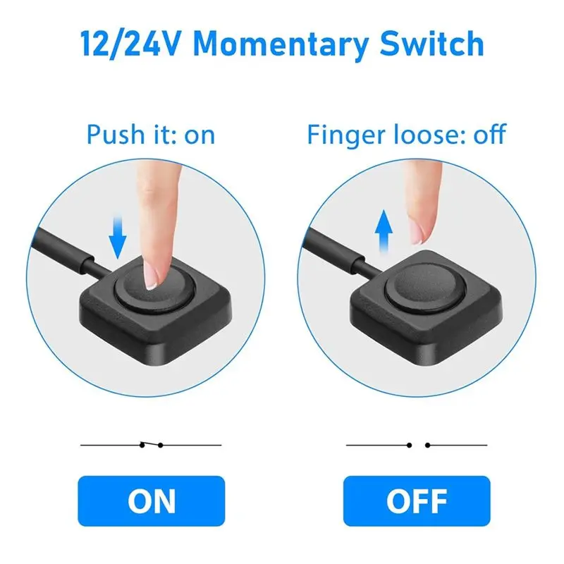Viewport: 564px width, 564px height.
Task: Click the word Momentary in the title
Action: pyautogui.click(x=281, y=45)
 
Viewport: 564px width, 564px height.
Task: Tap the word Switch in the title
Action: pyautogui.click(x=432, y=43)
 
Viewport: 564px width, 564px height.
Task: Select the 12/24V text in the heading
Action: pyautogui.click(x=129, y=44)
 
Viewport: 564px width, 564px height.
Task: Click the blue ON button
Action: pyautogui.click(x=152, y=501)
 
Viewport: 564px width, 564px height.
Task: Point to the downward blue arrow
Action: pyautogui.click(x=118, y=237)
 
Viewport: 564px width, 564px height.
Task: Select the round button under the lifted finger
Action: pyautogui.click(x=425, y=289)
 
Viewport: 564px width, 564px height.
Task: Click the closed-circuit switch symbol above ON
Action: pyautogui.click(x=151, y=445)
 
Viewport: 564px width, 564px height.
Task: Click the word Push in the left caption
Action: pyautogui.click(x=116, y=134)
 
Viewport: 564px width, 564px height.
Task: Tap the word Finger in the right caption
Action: pyautogui.click(x=346, y=136)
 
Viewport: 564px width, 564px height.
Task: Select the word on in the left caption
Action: pyautogui.click(x=200, y=136)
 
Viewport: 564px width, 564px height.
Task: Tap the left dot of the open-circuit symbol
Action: pyautogui.click(x=409, y=446)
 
